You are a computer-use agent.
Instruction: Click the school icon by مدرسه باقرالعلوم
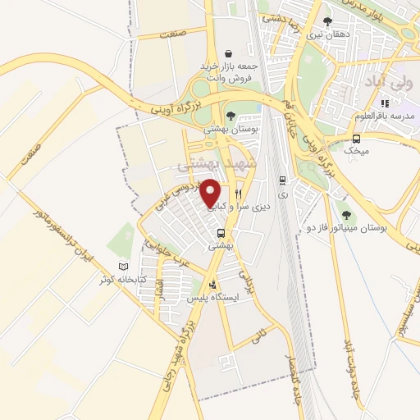coord(386,103)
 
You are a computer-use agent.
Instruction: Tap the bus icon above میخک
coord(356,138)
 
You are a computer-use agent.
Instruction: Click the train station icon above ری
coord(283,181)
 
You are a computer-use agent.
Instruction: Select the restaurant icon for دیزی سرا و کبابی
coord(239,194)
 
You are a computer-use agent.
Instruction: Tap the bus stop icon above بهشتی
coord(220,232)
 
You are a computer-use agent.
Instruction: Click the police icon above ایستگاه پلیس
coord(213,285)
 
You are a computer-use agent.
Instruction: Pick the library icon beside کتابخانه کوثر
coord(125,267)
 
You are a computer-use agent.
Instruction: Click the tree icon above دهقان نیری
coord(327,22)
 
